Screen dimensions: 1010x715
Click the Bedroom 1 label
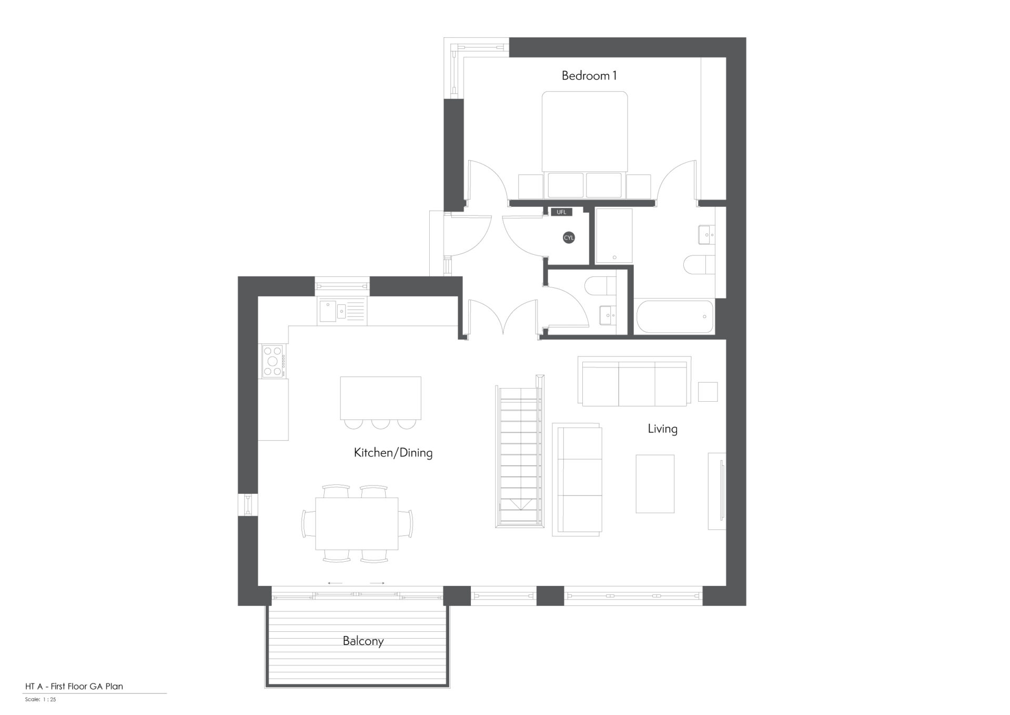click(589, 76)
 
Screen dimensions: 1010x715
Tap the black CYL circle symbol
click(569, 238)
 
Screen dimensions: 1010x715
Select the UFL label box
click(561, 212)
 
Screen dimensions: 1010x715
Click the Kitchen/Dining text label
click(393, 453)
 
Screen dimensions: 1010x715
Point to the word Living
click(662, 429)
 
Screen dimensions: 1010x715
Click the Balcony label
click(363, 641)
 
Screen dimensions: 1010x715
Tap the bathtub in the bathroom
click(675, 316)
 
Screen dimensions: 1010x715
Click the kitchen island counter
click(380, 398)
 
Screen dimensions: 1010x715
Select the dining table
click(357, 523)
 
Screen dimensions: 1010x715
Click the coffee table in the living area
click(655, 484)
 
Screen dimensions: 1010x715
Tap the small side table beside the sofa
click(708, 392)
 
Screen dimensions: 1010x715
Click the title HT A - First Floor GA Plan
click(74, 686)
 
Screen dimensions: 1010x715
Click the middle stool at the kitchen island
click(380, 423)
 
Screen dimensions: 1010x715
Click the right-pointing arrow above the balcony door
click(377, 583)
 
